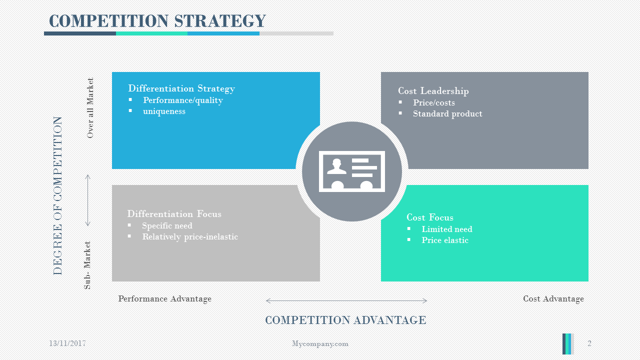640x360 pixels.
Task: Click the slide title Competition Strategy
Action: point(157,21)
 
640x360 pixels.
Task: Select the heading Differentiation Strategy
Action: point(181,88)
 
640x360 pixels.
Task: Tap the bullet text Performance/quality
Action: point(183,100)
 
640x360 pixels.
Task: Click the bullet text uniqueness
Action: point(164,111)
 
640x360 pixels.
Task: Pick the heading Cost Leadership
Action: point(433,91)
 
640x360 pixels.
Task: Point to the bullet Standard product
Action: point(447,113)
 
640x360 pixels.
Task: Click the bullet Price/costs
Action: point(434,102)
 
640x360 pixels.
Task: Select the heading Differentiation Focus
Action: point(174,214)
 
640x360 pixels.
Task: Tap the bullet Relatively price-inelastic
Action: point(190,236)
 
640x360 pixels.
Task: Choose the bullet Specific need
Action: point(167,225)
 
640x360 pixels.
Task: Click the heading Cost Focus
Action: point(430,217)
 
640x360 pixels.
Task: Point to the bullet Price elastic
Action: point(445,240)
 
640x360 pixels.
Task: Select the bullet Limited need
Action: point(447,229)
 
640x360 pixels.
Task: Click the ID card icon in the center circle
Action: point(352,171)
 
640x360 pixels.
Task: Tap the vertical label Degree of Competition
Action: point(58,195)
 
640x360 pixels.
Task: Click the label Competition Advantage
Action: point(345,320)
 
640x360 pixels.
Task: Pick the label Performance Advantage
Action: point(165,298)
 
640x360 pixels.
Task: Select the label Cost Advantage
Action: point(553,298)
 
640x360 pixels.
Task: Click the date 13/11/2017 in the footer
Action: point(67,343)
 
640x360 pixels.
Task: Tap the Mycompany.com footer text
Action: point(320,343)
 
